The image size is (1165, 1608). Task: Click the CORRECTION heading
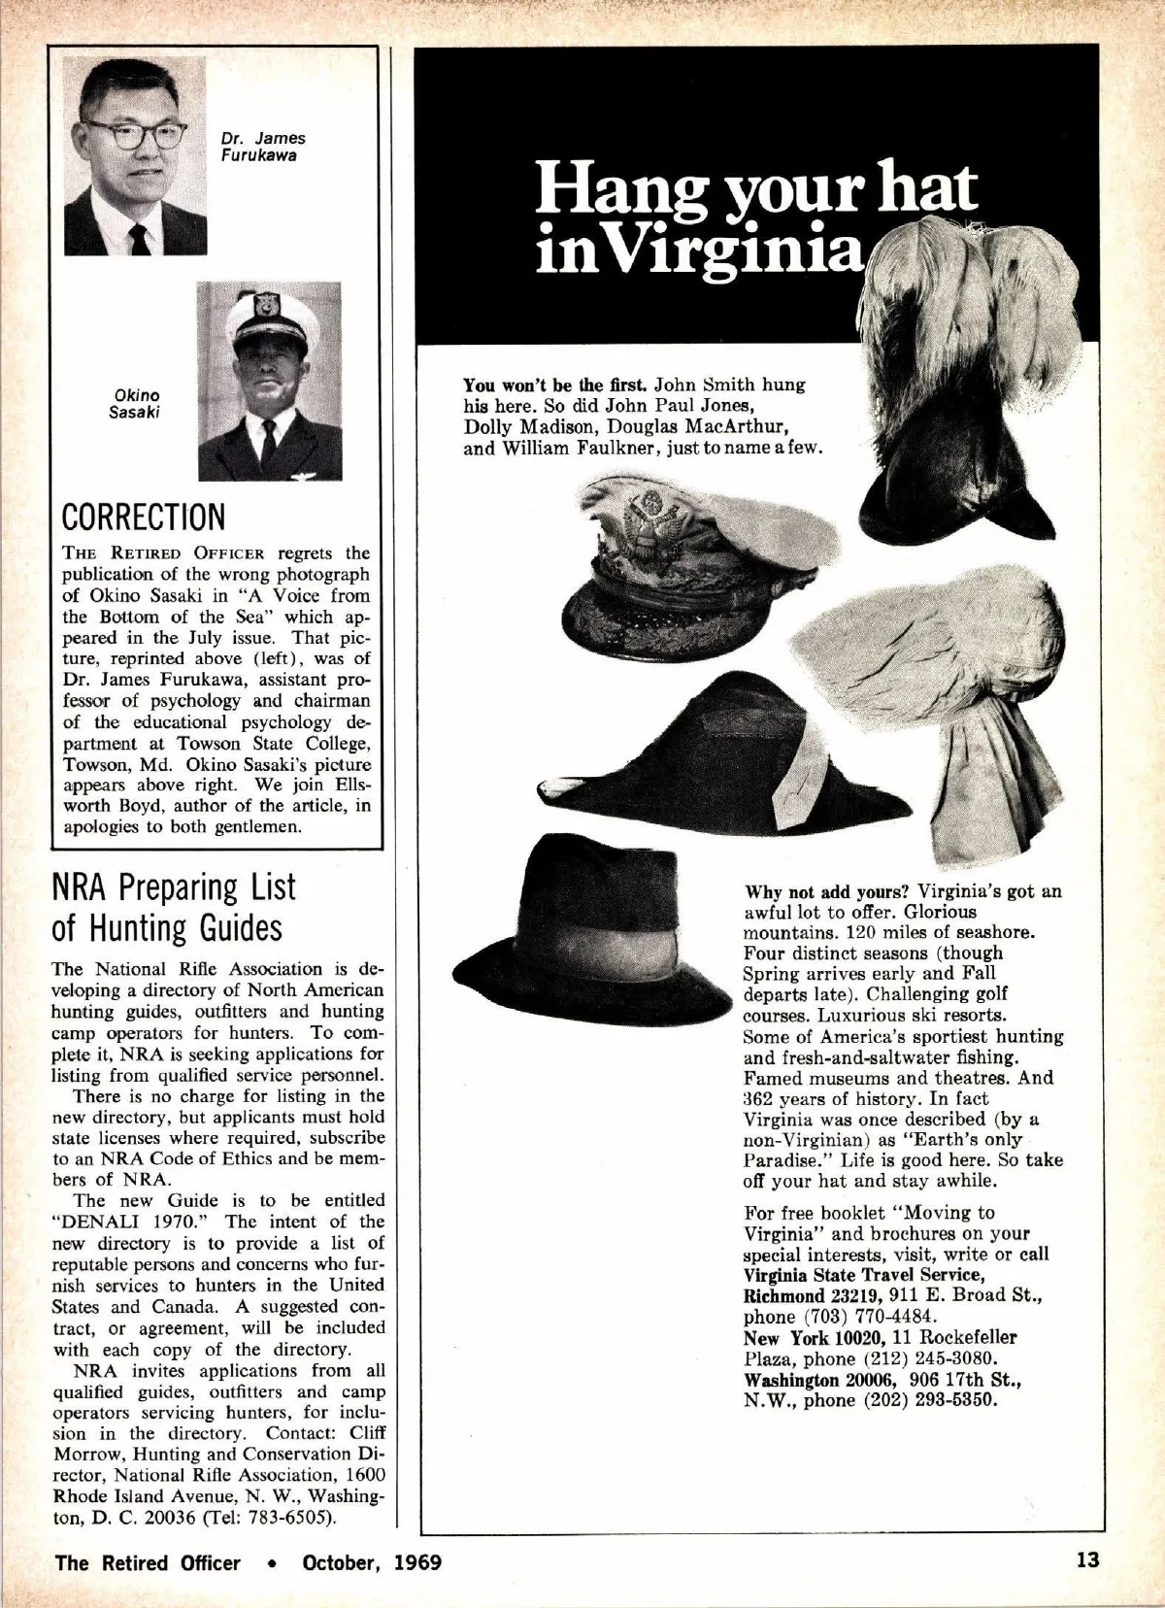[143, 517]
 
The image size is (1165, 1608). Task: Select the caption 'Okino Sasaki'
[136, 403]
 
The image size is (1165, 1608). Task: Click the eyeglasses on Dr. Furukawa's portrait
[134, 132]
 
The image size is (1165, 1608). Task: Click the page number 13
[1086, 1561]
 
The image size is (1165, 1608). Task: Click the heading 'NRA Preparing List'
[173, 888]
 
